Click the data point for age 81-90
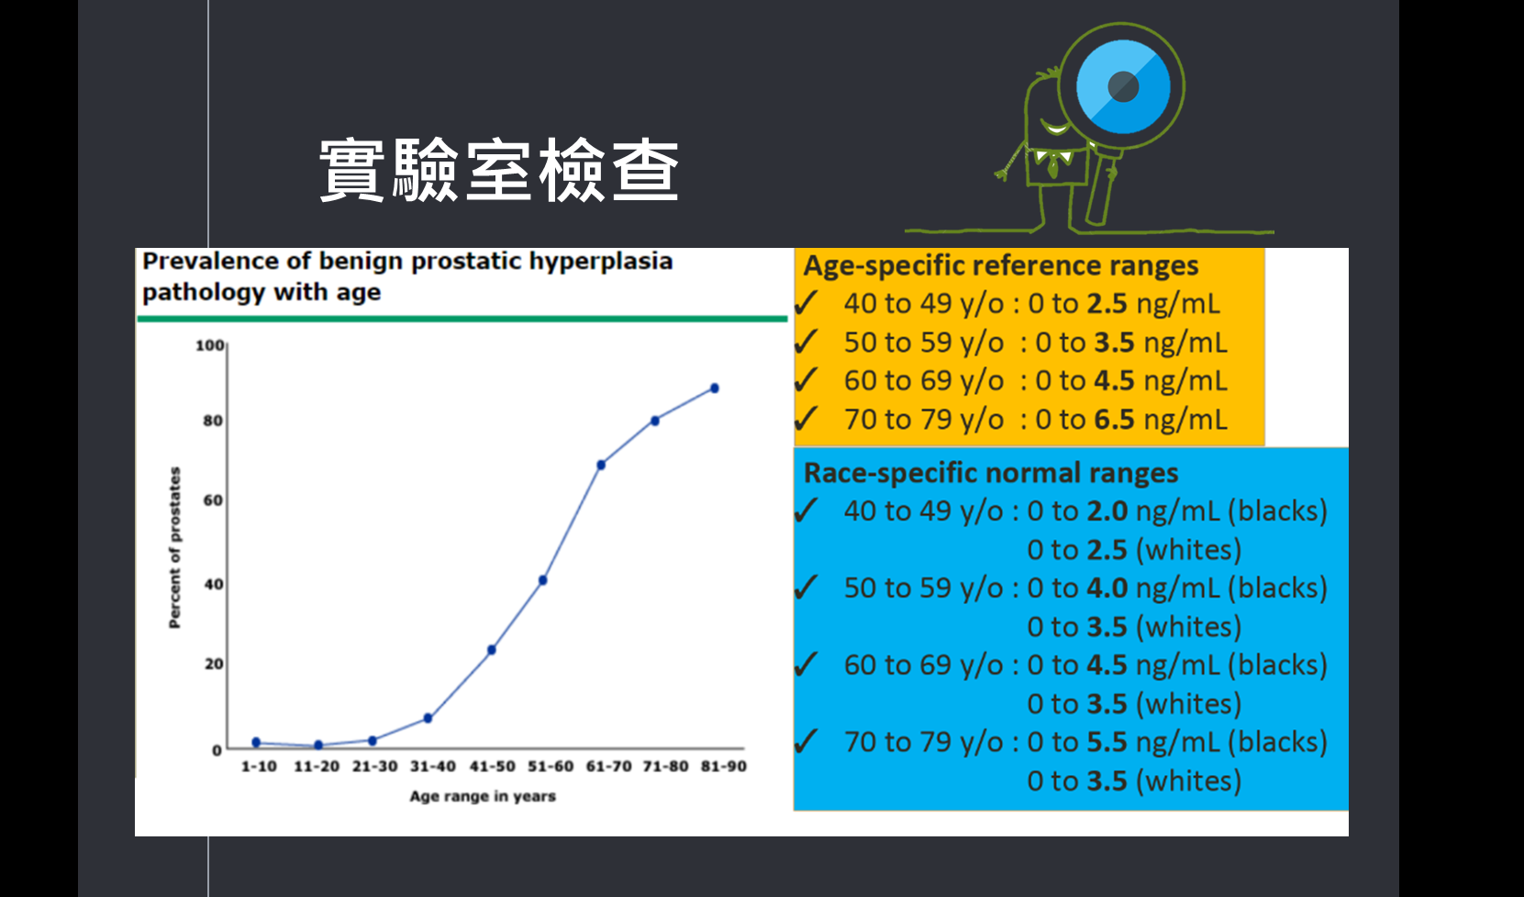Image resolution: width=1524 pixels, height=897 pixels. (715, 388)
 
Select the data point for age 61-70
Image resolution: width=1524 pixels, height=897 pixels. (601, 465)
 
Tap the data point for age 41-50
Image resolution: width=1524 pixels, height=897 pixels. (491, 650)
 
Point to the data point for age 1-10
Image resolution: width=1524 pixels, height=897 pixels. (256, 742)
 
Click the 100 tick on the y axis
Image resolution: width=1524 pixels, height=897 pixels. (209, 345)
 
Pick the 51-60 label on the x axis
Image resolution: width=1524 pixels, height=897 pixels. (551, 767)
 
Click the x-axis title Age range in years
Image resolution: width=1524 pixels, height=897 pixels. (483, 796)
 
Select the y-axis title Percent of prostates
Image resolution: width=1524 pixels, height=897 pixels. (175, 547)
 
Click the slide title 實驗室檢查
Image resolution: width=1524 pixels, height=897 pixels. (499, 170)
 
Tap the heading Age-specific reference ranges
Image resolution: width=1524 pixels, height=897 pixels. (1001, 265)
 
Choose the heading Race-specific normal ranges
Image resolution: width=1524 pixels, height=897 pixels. (991, 472)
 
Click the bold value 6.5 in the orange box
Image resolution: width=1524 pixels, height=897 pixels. (1114, 420)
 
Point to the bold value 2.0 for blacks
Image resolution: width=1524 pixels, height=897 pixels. (1107, 511)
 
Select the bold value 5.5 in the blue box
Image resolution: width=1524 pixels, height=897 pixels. (1107, 742)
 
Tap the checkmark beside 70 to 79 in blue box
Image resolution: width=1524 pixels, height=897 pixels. (806, 741)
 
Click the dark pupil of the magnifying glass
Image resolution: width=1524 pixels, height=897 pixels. (1123, 86)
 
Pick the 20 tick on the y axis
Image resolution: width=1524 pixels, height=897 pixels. (214, 664)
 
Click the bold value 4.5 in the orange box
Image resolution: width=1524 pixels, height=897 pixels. (1114, 380)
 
